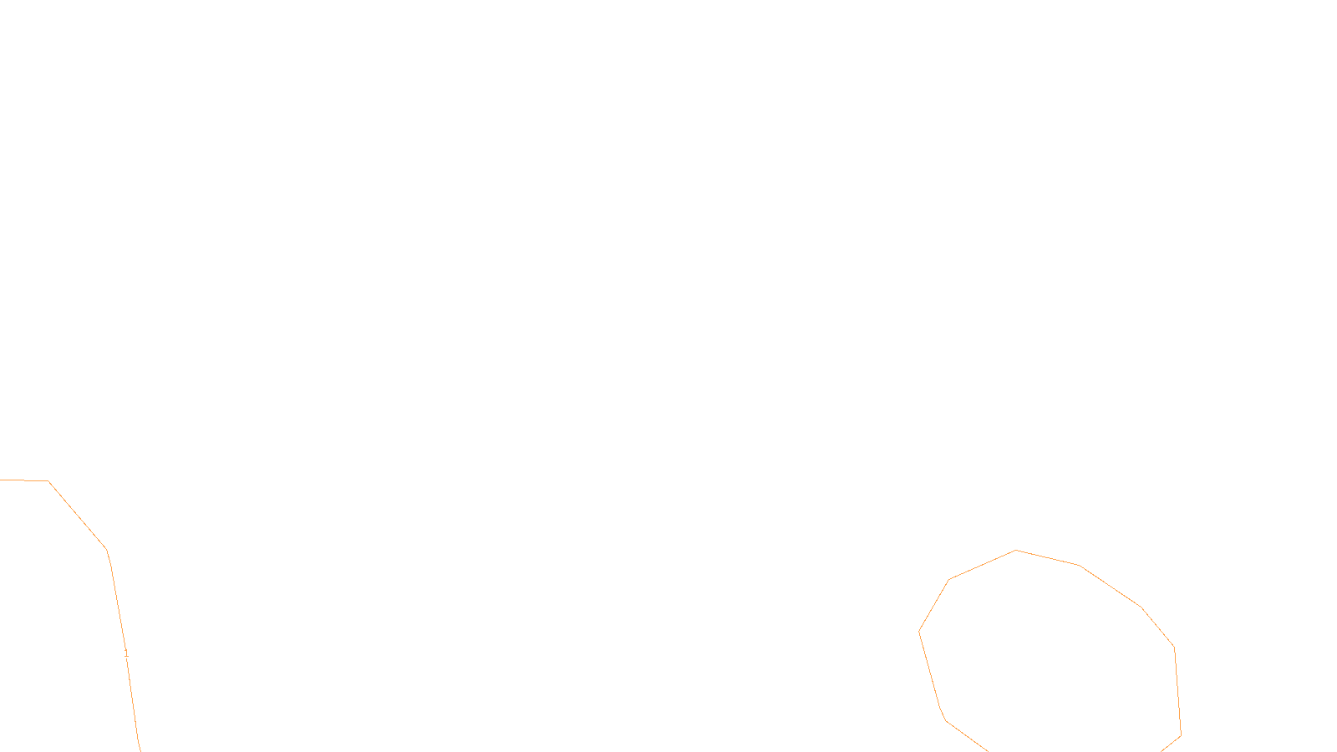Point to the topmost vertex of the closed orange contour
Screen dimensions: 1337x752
[1016, 550]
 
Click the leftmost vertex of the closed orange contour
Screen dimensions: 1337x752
[919, 631]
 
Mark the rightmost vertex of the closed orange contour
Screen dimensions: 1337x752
[1181, 735]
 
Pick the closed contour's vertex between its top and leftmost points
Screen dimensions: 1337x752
[948, 579]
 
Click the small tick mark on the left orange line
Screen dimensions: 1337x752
[126, 653]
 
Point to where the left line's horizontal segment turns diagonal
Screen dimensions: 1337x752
[48, 480]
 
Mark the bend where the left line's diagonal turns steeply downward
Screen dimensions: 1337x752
[108, 550]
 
